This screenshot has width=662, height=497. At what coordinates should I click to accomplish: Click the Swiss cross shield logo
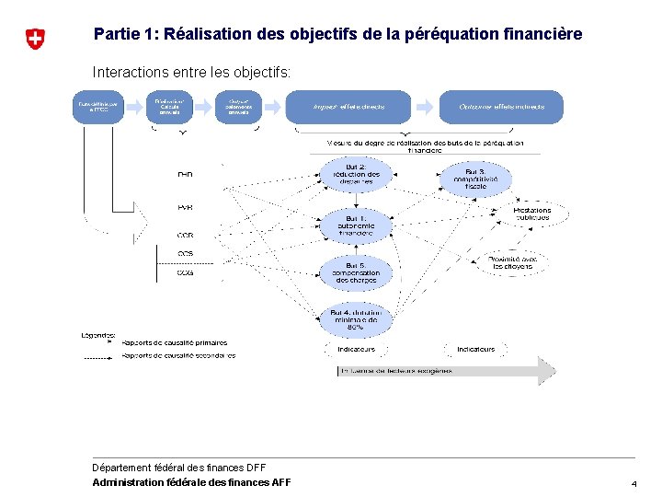34,39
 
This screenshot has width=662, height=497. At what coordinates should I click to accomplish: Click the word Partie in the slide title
117,34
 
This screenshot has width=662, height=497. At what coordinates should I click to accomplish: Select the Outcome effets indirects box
502,107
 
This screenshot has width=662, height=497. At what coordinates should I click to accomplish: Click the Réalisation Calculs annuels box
169,107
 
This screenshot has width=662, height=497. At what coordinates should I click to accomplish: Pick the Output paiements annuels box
239,107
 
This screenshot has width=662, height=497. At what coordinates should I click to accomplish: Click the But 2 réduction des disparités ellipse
355,175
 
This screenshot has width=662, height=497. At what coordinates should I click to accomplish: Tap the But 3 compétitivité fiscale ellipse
475,179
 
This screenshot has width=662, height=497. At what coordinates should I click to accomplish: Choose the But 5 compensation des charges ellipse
355,272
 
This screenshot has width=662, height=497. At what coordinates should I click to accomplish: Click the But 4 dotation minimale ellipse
355,319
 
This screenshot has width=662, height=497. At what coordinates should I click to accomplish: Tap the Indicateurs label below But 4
356,350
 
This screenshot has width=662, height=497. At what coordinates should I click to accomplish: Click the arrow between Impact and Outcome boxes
425,107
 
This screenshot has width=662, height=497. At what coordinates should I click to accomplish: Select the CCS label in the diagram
185,253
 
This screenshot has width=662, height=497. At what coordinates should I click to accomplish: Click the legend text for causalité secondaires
178,355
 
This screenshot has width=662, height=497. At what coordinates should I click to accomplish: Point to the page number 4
633,483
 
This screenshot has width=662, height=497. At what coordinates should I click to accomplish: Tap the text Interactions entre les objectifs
191,71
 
